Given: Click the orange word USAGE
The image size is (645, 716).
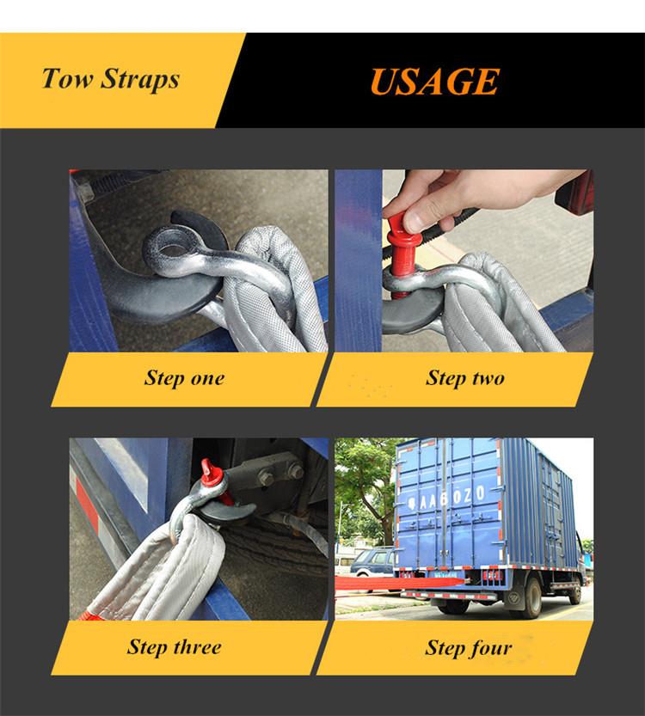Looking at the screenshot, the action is [434, 82].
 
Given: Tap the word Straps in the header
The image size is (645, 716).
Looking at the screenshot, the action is [140, 79].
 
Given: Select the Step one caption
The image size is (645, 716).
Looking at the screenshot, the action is [184, 378].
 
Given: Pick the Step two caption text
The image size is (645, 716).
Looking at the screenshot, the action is [465, 378].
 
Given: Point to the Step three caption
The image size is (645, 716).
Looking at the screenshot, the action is [174, 647].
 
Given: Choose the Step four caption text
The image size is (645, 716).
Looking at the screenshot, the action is [468, 648].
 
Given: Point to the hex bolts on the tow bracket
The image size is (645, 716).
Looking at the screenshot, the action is [279, 474].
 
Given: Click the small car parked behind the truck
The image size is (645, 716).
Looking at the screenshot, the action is [371, 563].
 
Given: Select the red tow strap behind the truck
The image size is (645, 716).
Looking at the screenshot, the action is [401, 584].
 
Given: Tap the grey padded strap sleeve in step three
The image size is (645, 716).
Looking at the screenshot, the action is [160, 571].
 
